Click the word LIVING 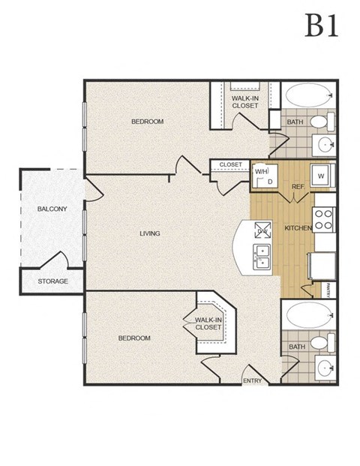(150, 233)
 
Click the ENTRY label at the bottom (253, 381)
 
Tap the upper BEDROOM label (147, 122)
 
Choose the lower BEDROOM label (134, 338)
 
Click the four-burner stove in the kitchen (323, 219)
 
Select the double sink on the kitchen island (262, 257)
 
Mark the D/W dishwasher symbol (263, 230)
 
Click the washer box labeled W (322, 176)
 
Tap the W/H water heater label (261, 172)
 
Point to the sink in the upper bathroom (325, 144)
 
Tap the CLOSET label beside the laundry (230, 164)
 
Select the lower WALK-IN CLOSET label (208, 323)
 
